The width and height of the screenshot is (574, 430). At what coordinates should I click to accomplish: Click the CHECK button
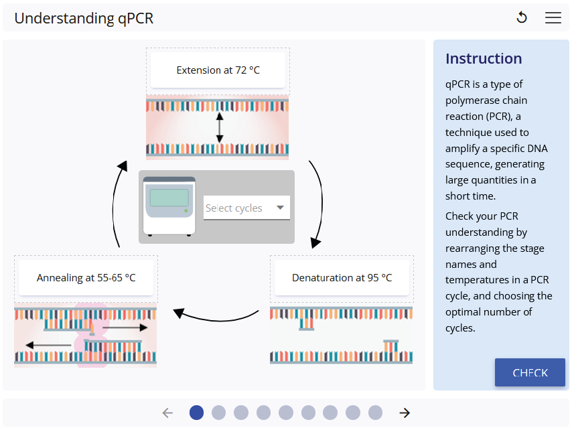[x=529, y=372]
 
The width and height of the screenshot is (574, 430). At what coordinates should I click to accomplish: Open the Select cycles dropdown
[x=246, y=208]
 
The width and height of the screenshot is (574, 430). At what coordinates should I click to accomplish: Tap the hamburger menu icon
[x=553, y=18]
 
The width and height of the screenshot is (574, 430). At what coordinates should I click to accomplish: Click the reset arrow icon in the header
[x=522, y=18]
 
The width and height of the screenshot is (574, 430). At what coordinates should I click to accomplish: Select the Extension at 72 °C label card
[x=218, y=70]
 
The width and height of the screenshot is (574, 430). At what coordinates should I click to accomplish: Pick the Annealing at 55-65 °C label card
[x=86, y=277]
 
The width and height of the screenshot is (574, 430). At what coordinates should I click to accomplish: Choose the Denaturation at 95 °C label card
[x=342, y=277]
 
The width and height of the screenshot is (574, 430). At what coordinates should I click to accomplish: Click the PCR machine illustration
[x=169, y=206]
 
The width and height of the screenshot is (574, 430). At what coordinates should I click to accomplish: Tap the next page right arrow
[x=405, y=413]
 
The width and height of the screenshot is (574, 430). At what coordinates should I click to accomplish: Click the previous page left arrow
[x=167, y=413]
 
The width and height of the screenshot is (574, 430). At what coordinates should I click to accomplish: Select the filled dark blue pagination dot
[x=196, y=413]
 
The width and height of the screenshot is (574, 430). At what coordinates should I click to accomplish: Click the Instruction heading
[x=484, y=58]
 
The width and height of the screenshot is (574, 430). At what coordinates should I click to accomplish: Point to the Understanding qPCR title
[x=84, y=18]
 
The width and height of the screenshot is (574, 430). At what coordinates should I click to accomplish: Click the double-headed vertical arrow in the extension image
[x=220, y=127]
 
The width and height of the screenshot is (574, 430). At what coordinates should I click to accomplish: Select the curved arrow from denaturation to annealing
[x=216, y=315]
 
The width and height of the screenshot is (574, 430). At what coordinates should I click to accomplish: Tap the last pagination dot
[x=375, y=413]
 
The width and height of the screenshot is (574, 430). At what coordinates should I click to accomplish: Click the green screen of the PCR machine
[x=169, y=198]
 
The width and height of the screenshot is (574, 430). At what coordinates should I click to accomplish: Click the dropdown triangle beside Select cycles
[x=280, y=208]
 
